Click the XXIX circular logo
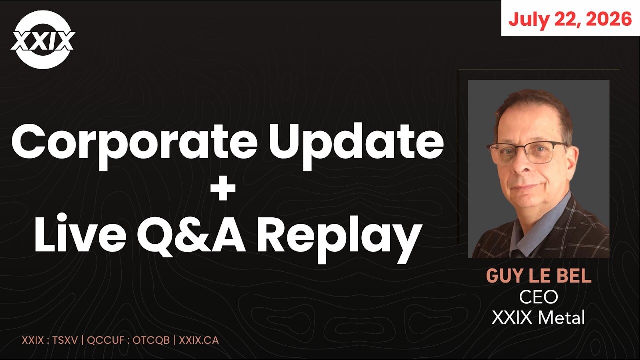43,39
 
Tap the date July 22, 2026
570,19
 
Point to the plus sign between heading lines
223,188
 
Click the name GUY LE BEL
539,276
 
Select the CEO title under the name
538,297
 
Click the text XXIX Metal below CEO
538,317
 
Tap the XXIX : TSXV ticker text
49,340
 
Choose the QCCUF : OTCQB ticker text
128,340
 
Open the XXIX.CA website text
199,340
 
